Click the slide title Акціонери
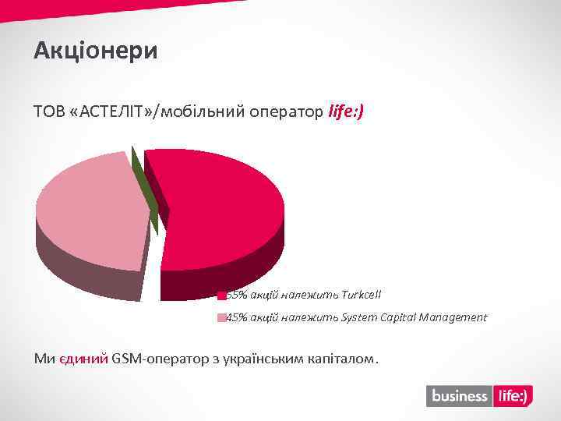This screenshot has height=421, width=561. (x=96, y=51)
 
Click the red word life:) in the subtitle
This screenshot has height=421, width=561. (x=346, y=112)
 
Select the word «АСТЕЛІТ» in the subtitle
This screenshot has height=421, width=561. (x=110, y=112)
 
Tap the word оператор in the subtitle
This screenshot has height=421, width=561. (x=285, y=112)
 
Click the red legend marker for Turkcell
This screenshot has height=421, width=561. (x=221, y=295)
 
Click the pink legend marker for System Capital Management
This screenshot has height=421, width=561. (x=221, y=317)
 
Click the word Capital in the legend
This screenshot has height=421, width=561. (x=397, y=317)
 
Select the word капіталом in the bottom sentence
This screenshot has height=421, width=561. (x=342, y=359)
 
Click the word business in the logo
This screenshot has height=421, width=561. (x=459, y=396)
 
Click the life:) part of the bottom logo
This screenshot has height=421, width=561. (x=512, y=396)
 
